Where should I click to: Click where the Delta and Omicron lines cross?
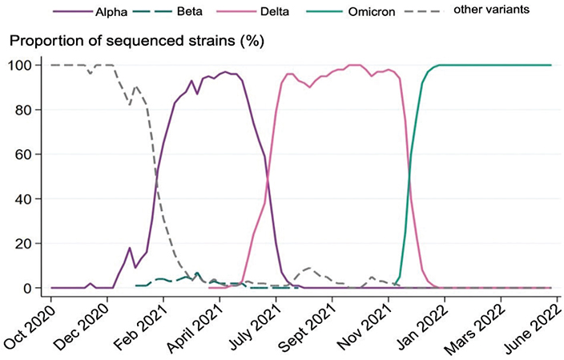click(409, 176)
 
